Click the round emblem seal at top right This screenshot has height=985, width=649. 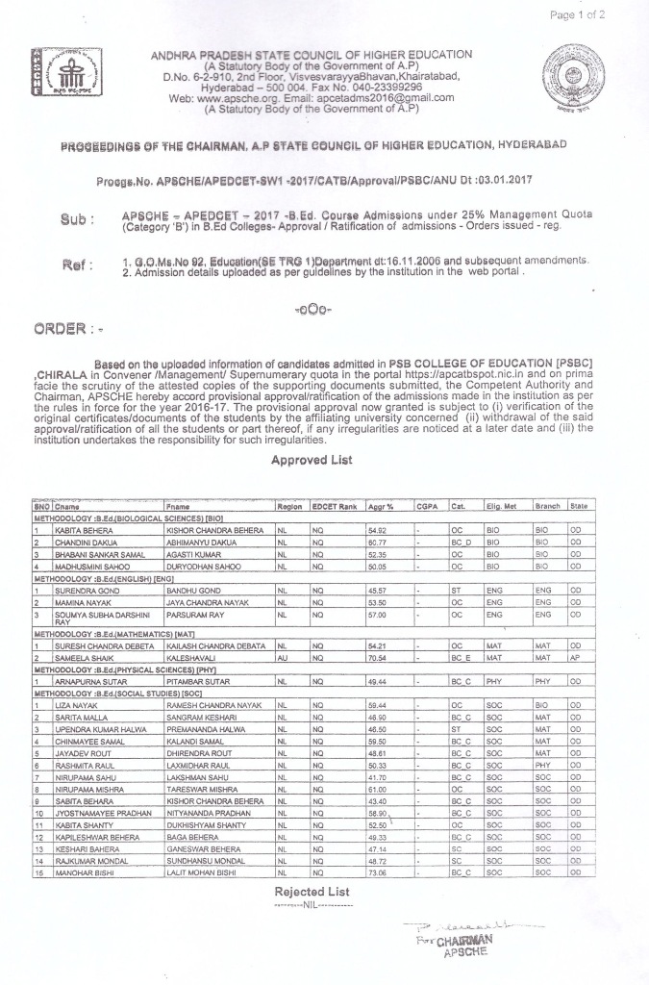coord(573,76)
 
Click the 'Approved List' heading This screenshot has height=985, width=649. coord(312,461)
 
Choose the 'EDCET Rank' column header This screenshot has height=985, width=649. coord(335,506)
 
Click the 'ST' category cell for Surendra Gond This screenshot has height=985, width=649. coord(456,590)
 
